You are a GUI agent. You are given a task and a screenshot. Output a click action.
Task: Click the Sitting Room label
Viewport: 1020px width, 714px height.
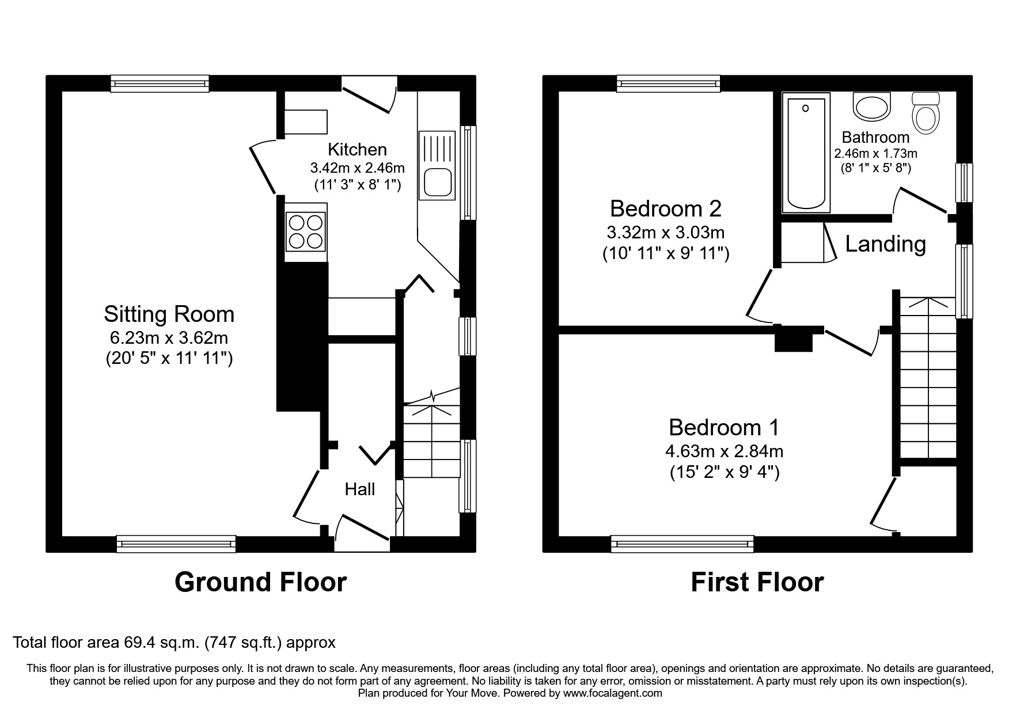click(169, 314)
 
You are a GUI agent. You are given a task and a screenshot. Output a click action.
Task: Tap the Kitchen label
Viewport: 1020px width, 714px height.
click(357, 150)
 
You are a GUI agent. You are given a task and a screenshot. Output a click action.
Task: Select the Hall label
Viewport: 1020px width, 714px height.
click(359, 489)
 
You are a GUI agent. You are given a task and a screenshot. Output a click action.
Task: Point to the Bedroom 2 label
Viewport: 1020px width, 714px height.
click(665, 208)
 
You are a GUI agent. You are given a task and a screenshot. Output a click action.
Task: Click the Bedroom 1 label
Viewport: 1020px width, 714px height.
click(724, 428)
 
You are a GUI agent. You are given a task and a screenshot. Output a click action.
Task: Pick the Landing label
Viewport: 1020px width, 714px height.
click(885, 244)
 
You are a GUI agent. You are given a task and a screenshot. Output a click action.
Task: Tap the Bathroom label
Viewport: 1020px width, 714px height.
click(875, 138)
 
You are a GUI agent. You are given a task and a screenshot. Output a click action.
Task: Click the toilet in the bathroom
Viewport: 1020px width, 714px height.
click(926, 113)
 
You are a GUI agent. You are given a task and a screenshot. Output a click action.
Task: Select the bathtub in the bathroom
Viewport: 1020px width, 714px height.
click(806, 154)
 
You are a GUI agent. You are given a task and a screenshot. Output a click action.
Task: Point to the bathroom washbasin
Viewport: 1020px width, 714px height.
click(872, 108)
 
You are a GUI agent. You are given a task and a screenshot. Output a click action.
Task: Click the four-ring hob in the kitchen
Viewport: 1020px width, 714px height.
click(306, 231)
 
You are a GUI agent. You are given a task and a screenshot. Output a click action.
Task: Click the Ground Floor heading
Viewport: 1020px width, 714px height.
click(260, 582)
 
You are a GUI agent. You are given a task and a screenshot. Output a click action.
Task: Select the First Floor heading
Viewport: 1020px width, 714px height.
click(757, 582)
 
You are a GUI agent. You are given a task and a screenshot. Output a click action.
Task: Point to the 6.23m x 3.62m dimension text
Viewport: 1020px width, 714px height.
click(169, 338)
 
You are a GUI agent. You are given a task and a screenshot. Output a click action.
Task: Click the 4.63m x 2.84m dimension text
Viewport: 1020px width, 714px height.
click(724, 451)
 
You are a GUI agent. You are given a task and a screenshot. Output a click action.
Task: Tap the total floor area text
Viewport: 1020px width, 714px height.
click(174, 642)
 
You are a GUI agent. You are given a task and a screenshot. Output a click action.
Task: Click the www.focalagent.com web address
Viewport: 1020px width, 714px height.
click(613, 693)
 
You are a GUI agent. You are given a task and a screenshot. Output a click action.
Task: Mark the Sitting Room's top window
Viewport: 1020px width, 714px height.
click(160, 84)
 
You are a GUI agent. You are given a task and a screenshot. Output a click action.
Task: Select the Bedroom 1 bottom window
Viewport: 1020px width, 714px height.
click(682, 543)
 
